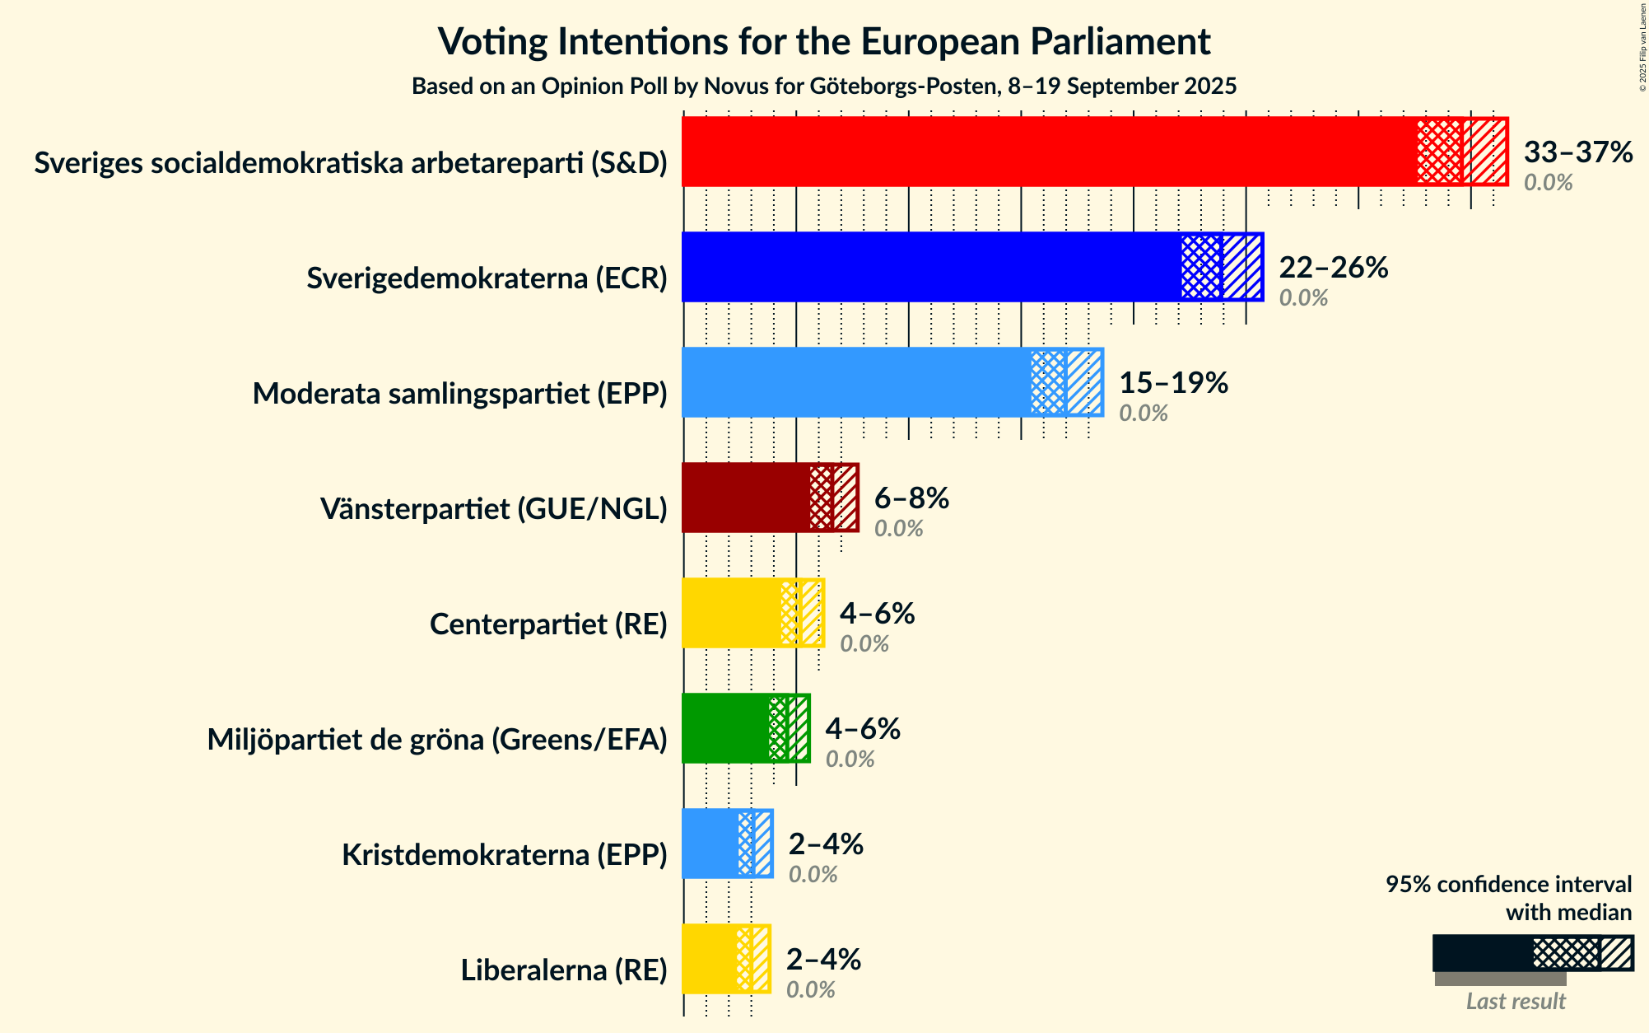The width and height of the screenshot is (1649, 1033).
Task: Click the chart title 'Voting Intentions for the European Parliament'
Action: tap(824, 41)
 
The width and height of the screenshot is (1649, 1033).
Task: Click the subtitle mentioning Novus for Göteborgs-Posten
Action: tap(824, 86)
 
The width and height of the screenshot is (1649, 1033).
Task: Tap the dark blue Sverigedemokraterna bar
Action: tap(930, 267)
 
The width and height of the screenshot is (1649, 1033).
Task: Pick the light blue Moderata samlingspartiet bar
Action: tap(856, 382)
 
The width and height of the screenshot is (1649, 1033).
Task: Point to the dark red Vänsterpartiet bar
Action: tap(746, 498)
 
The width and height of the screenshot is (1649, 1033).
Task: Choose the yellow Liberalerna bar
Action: tap(709, 959)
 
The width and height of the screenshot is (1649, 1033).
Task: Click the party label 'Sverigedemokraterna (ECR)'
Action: tap(487, 278)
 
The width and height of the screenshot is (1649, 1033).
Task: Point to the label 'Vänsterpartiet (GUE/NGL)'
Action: tap(493, 509)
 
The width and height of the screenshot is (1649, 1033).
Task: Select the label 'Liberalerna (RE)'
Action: tap(564, 970)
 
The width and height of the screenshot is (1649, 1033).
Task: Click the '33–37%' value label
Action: tap(1577, 152)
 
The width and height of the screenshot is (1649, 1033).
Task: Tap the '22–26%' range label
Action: tap(1333, 267)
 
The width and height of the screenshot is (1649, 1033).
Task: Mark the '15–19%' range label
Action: tap(1173, 382)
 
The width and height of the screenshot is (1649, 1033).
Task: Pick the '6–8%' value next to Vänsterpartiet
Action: tap(911, 498)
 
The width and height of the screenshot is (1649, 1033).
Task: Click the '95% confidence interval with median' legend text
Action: tap(1508, 898)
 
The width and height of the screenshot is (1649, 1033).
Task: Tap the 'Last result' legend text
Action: tap(1516, 1001)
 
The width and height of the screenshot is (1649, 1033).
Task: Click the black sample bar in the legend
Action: tap(1482, 953)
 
